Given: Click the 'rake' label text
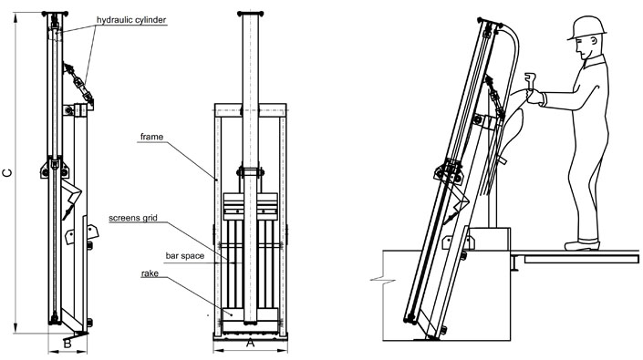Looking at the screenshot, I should (153, 273).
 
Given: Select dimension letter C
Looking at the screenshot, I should (8, 170).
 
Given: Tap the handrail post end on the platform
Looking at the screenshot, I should (516, 263).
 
